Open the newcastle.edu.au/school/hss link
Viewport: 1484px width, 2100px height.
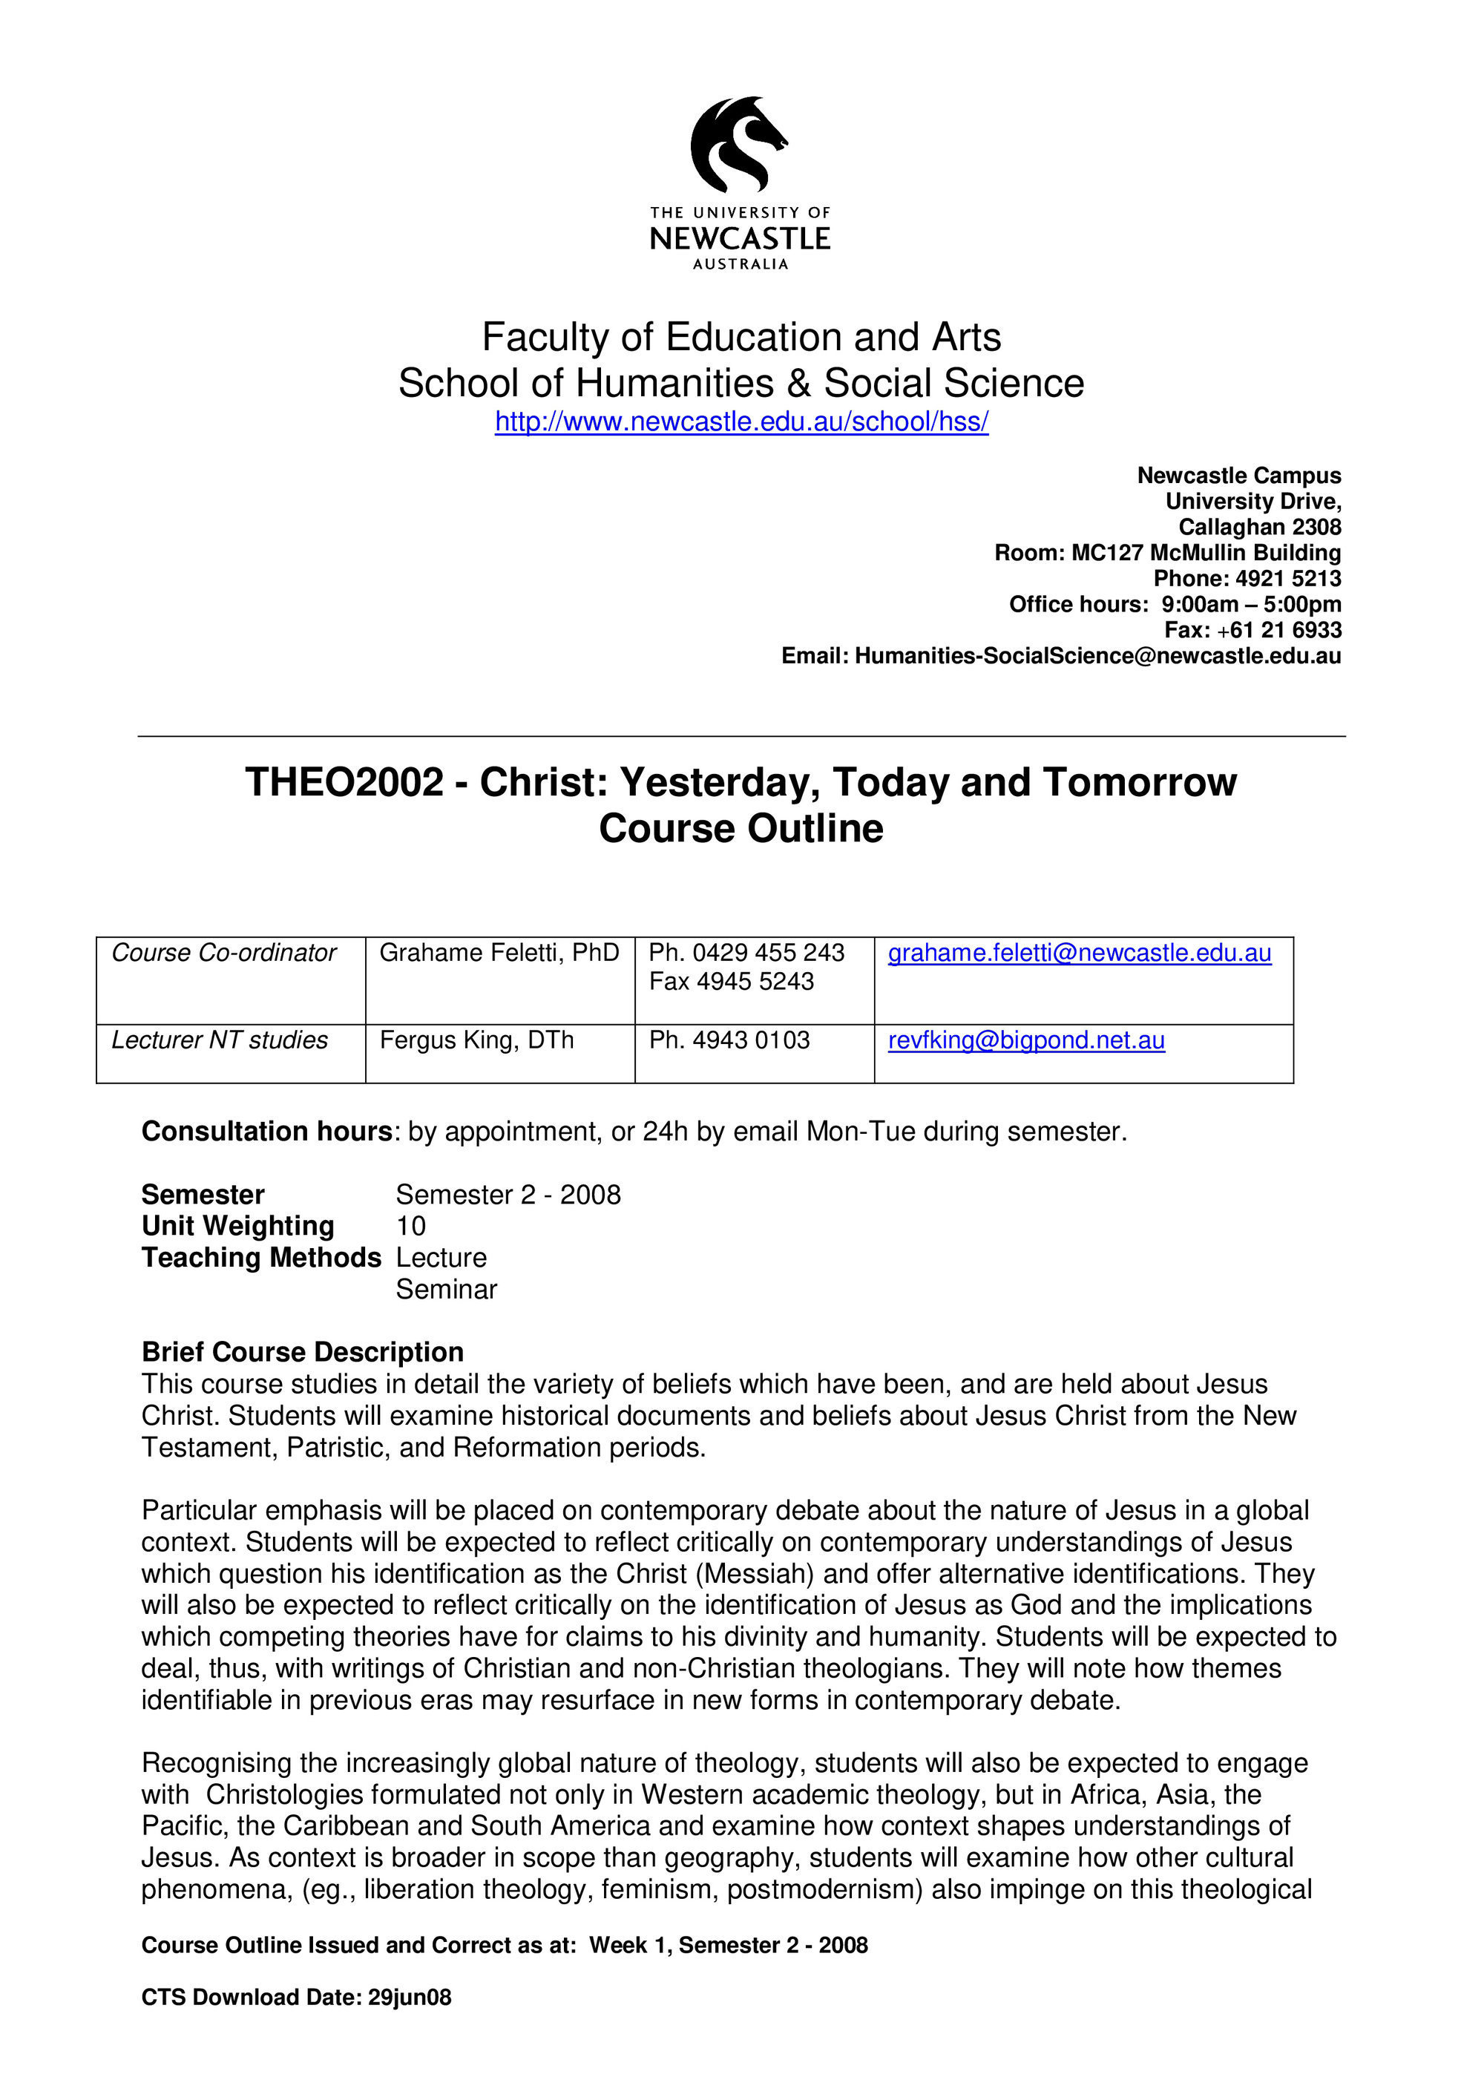click(741, 421)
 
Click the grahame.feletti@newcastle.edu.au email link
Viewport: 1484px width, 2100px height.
click(1079, 953)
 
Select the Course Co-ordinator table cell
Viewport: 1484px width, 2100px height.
click(224, 953)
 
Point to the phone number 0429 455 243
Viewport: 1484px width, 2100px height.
click(768, 953)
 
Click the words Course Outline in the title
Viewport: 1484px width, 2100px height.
click(741, 829)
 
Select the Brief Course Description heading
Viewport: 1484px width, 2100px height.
click(302, 1352)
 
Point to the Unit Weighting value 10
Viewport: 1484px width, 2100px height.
click(410, 1226)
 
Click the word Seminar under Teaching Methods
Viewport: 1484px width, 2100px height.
click(446, 1289)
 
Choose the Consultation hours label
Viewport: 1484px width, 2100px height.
click(267, 1132)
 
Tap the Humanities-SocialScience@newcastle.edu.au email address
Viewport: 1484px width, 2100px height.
click(1097, 656)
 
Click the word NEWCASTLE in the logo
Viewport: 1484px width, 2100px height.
click(740, 239)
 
